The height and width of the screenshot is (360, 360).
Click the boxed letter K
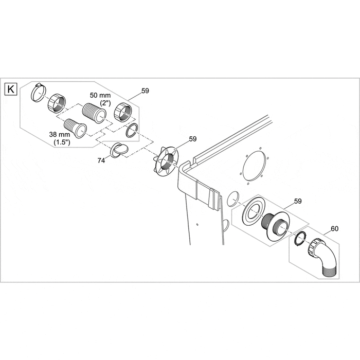(x=11, y=89)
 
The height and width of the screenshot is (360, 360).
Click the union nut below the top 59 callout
(x=124, y=111)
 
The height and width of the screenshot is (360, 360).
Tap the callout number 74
(x=102, y=160)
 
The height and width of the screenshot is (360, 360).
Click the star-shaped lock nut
(x=166, y=161)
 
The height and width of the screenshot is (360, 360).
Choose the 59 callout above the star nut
(x=193, y=139)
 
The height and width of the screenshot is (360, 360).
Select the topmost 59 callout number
(x=145, y=91)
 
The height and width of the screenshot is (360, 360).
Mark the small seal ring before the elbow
(x=299, y=238)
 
